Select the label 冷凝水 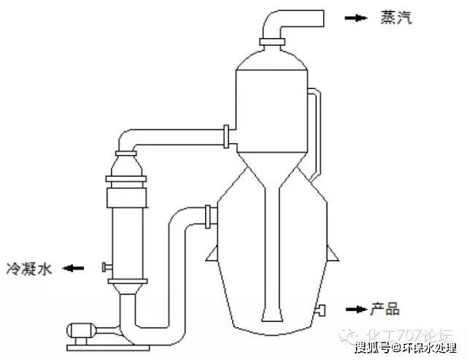[30, 269]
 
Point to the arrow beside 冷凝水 [74, 268]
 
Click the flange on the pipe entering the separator [228, 135]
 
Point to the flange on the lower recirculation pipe [210, 215]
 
